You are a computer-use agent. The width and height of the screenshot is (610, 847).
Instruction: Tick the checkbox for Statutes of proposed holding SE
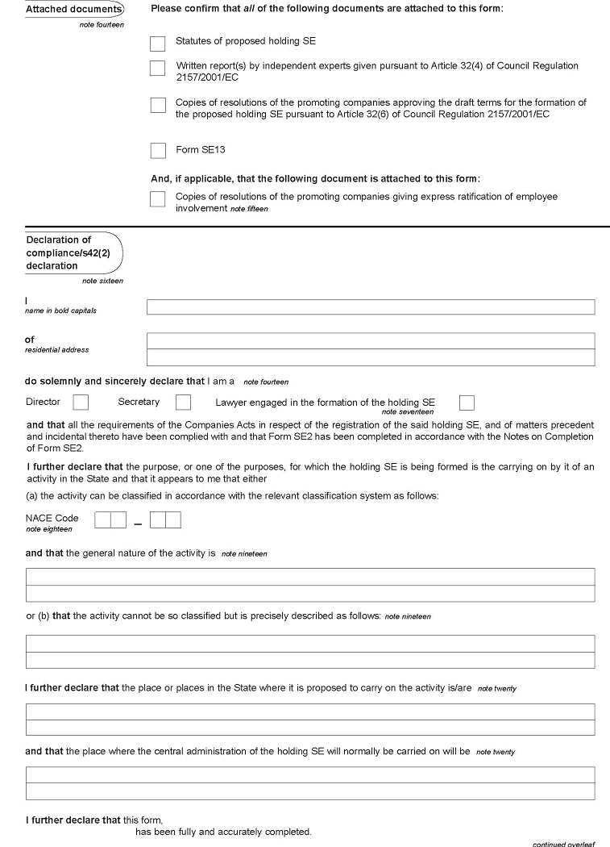157,44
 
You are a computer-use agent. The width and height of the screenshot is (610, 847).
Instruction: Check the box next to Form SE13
157,151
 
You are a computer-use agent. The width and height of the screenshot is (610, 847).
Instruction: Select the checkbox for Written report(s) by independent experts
157,69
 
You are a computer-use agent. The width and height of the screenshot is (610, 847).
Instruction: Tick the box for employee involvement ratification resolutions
157,198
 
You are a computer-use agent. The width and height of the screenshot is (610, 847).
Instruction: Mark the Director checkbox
81,402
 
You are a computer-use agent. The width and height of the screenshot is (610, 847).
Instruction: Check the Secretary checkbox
183,402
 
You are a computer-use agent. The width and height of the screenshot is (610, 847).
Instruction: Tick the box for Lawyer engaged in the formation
467,403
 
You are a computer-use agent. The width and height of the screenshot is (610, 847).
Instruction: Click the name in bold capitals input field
370,307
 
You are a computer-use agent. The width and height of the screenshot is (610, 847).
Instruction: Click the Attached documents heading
73,10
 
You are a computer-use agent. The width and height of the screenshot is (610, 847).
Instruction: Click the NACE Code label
52,518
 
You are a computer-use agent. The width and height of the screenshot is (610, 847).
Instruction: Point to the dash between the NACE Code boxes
138,524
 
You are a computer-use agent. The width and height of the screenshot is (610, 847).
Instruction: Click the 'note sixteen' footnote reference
102,281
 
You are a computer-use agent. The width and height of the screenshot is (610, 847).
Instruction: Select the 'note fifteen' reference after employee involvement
249,209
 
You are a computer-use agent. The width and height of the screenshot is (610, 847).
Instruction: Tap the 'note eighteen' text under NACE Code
48,529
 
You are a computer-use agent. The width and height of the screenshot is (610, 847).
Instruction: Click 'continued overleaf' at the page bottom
563,844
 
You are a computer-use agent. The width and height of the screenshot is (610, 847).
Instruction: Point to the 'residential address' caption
56,350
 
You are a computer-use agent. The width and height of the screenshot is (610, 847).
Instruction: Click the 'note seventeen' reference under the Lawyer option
407,412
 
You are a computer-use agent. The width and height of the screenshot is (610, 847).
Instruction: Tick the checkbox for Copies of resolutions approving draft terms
157,106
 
